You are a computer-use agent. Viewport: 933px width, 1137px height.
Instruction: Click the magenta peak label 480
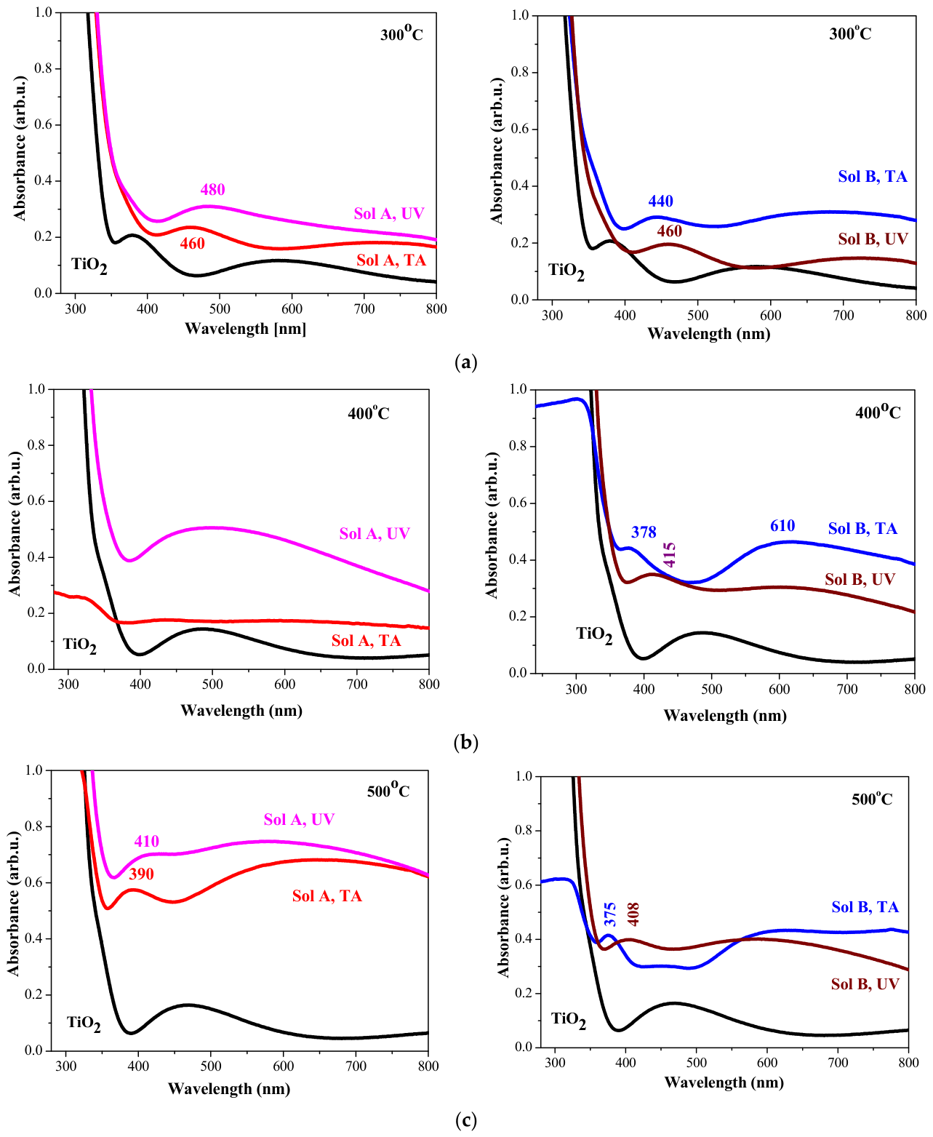point(212,189)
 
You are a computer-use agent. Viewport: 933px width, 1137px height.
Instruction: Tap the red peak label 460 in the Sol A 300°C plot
point(193,244)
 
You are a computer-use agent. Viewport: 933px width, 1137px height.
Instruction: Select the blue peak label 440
point(660,201)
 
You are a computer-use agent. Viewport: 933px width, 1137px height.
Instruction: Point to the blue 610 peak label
point(782,526)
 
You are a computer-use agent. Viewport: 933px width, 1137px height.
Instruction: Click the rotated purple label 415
point(669,555)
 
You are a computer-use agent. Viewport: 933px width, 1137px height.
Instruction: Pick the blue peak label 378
point(644,532)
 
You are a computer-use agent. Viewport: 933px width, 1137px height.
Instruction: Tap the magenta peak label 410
point(147,841)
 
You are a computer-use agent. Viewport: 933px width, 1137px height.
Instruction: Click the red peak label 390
point(141,874)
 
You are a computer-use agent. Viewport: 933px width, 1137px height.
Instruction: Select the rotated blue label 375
point(609,915)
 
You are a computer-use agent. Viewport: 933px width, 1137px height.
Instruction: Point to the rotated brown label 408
point(633,914)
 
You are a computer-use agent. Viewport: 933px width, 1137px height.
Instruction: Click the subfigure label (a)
point(466,362)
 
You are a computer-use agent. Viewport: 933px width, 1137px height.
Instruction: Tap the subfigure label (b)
point(466,743)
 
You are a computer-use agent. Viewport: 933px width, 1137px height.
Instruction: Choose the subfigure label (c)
point(466,1121)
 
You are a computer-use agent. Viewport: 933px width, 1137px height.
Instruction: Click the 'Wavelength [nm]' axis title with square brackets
point(245,328)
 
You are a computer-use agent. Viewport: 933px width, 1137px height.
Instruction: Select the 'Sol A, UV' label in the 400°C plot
point(375,534)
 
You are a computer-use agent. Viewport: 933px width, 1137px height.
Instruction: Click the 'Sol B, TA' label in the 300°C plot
point(873,176)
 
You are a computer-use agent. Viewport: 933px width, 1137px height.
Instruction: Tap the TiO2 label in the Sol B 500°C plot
point(568,1019)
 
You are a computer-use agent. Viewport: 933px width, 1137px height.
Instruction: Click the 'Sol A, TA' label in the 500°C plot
point(327,896)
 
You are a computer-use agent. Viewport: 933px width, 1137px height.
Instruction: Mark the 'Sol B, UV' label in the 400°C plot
point(860,580)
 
